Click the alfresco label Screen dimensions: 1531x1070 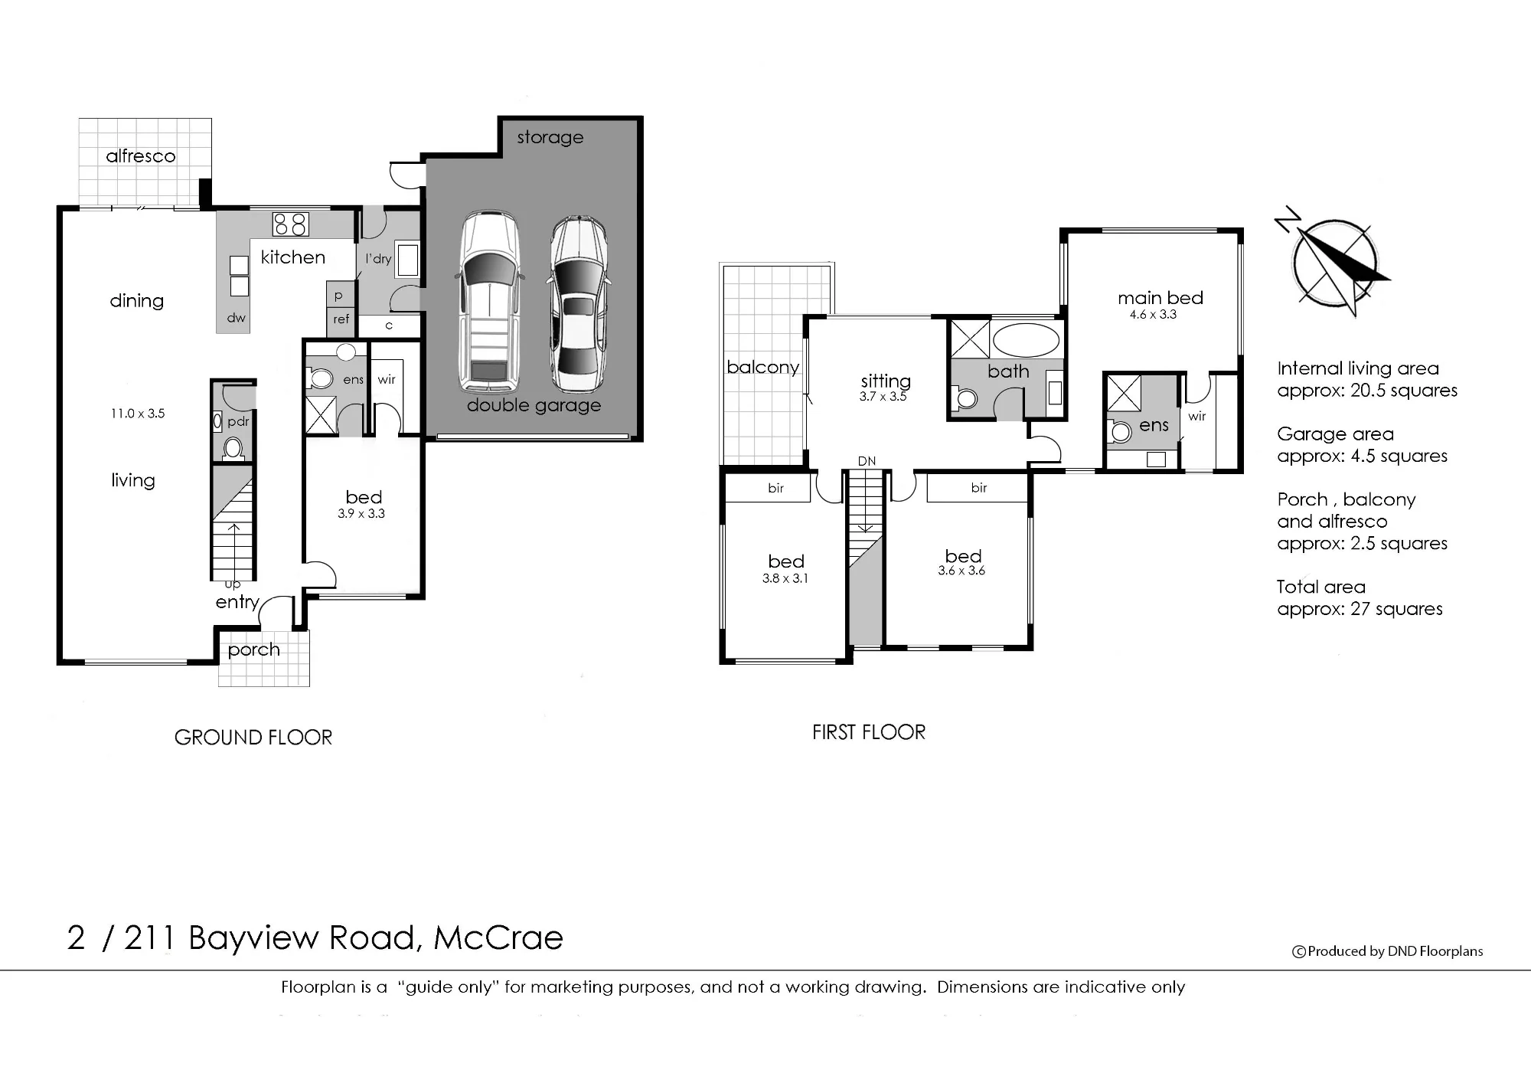(x=141, y=156)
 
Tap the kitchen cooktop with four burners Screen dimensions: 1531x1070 (x=291, y=224)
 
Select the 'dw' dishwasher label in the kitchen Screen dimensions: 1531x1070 (x=237, y=318)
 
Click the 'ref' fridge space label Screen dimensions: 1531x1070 (x=341, y=319)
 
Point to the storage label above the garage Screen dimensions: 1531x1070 (x=550, y=138)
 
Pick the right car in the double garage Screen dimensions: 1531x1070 (x=579, y=305)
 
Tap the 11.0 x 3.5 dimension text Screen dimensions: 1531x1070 (x=138, y=414)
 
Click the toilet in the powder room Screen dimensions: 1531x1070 (x=233, y=447)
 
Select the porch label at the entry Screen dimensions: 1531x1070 (x=254, y=650)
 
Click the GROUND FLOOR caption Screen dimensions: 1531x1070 (x=253, y=738)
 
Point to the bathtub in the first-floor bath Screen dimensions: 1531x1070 (x=1026, y=340)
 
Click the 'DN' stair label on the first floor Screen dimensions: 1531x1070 (x=867, y=461)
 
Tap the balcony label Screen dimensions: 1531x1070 (x=762, y=368)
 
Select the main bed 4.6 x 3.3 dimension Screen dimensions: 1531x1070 (x=1153, y=315)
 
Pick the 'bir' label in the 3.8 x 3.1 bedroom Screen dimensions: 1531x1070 (x=775, y=489)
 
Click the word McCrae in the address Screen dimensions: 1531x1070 (x=498, y=938)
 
